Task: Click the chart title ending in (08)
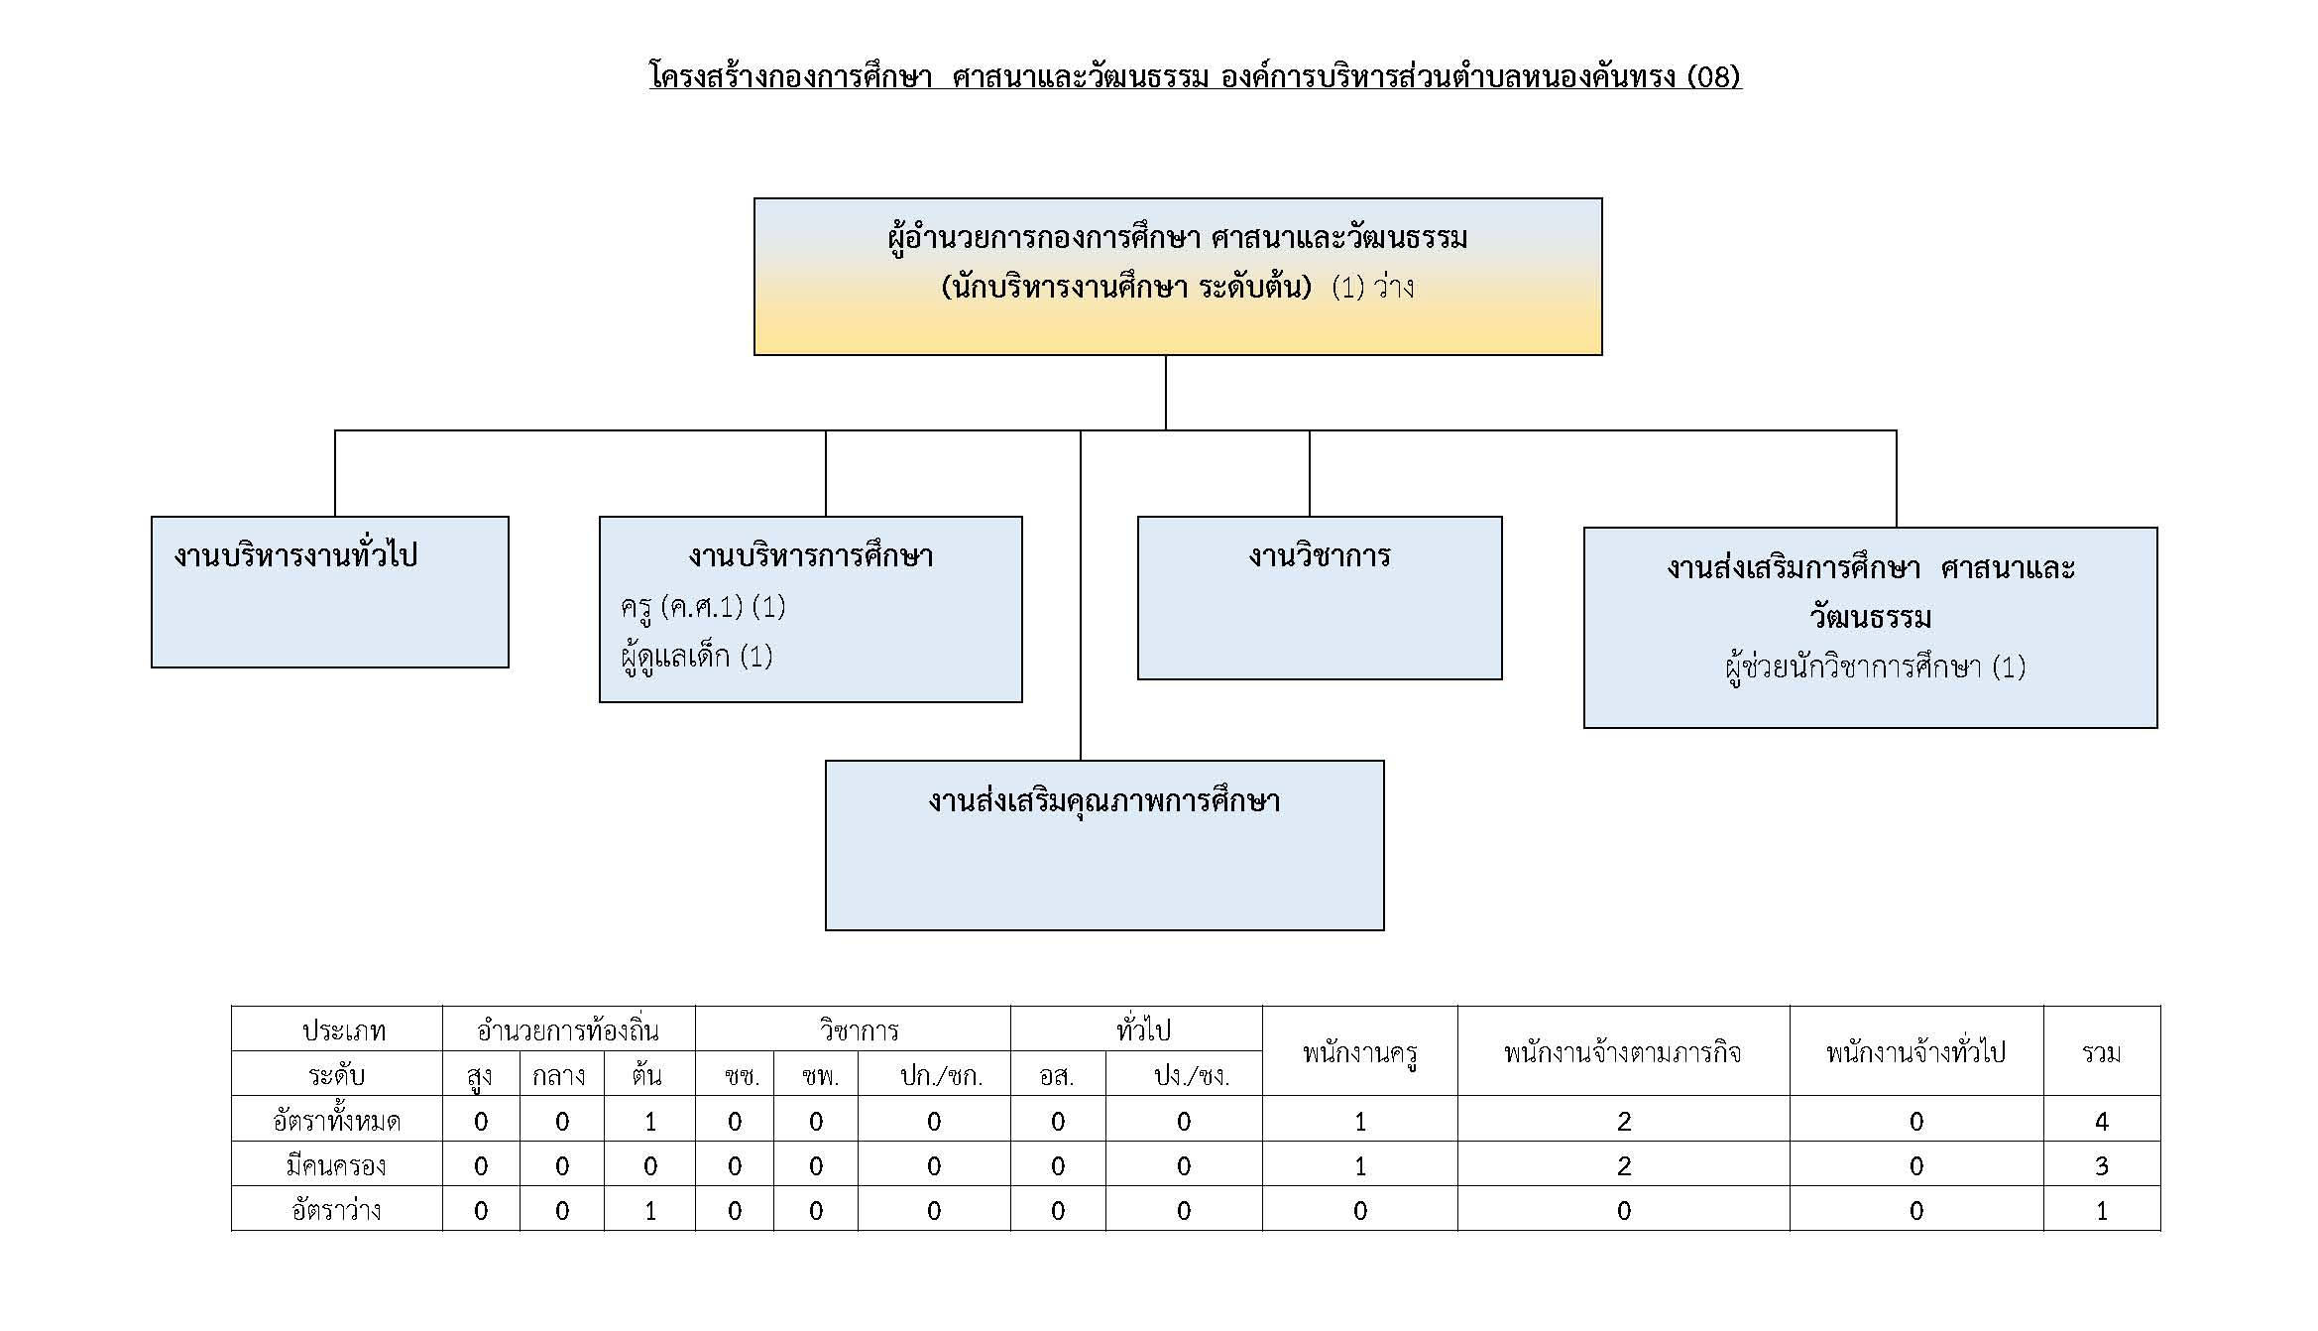[1195, 76]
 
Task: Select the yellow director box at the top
[1178, 277]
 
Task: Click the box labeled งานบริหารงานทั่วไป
[330, 592]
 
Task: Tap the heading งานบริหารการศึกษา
[811, 556]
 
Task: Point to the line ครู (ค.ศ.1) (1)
[703, 606]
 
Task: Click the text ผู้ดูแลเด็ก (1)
[696, 656]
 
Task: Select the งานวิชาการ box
[1320, 598]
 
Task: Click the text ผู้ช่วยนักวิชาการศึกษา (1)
[1875, 666]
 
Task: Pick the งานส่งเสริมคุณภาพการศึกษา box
[1104, 845]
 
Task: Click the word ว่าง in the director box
[1394, 288]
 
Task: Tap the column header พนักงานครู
[1359, 1052]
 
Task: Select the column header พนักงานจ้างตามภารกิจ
[1623, 1052]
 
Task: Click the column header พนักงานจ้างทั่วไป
[1915, 1052]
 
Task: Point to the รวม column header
[2102, 1052]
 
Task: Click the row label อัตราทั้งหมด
[336, 1121]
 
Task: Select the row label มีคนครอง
[336, 1165]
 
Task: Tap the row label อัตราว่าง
[336, 1210]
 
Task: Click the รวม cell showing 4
[2102, 1121]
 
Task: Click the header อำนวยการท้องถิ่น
[568, 1030]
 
